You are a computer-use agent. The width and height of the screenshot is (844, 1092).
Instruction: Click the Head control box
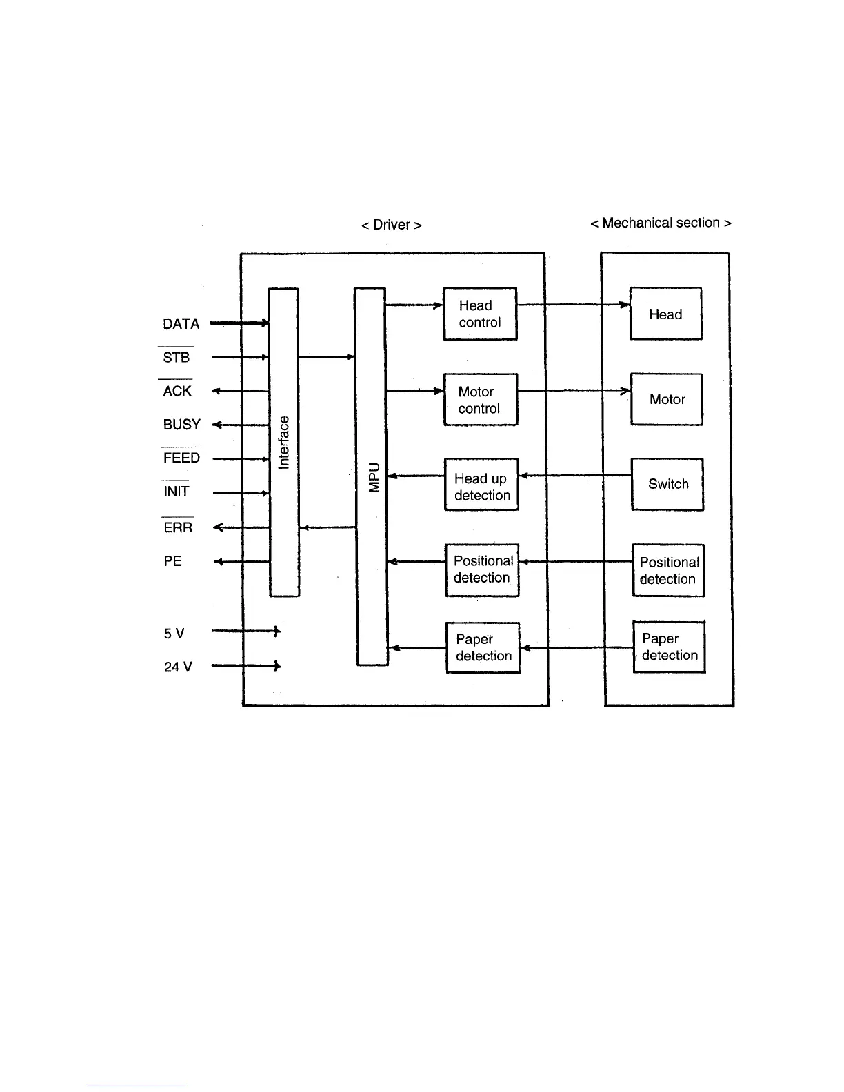tap(480, 314)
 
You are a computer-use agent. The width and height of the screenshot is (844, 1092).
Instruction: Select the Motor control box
tap(480, 400)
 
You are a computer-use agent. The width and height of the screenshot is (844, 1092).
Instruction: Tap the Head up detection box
tap(481, 485)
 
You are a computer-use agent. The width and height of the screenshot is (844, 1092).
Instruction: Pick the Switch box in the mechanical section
tap(667, 484)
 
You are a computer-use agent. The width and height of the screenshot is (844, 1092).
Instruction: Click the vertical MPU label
tap(374, 476)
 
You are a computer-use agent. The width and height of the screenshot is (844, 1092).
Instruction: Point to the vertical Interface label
tap(283, 442)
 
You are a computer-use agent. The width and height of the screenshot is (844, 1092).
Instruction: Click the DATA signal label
tap(181, 324)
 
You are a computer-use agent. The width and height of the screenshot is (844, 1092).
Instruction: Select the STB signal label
tap(176, 358)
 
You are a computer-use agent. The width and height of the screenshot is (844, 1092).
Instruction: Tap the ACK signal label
tap(177, 392)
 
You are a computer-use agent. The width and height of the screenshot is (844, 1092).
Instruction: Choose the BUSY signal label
tap(181, 425)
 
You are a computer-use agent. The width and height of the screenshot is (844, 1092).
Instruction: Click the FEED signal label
tap(181, 458)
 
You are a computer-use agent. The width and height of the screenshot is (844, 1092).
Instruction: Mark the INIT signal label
tap(176, 492)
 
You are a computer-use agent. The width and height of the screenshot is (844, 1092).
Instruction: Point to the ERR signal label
tap(178, 528)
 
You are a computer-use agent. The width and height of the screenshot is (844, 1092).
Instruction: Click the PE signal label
tap(172, 561)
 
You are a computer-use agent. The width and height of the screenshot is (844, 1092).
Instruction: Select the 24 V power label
tap(178, 667)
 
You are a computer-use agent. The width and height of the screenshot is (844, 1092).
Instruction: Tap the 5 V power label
tap(174, 634)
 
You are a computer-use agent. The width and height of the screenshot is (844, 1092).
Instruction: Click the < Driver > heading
tap(391, 225)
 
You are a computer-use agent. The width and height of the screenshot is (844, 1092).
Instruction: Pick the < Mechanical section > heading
tap(661, 223)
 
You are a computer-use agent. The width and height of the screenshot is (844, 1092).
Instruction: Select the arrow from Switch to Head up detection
tap(575, 475)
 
